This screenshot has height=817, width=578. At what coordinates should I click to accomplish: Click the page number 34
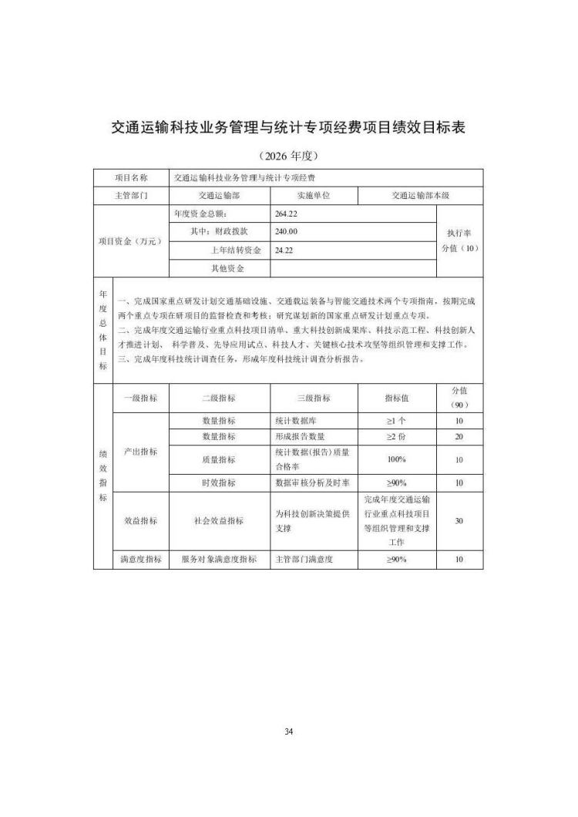click(289, 731)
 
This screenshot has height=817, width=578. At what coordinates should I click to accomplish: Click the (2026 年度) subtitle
click(289, 156)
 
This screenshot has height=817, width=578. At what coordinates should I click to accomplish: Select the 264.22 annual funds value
click(286, 213)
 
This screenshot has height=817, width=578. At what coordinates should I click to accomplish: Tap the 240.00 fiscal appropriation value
click(286, 231)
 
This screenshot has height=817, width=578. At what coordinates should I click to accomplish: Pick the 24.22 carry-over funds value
click(284, 250)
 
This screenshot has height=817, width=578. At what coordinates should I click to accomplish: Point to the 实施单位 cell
click(314, 196)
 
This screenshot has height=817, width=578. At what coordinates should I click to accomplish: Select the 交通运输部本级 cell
click(420, 196)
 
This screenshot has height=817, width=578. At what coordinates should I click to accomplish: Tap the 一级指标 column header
click(140, 398)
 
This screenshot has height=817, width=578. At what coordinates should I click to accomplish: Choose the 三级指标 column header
click(314, 398)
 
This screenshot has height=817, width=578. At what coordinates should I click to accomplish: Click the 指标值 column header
click(397, 398)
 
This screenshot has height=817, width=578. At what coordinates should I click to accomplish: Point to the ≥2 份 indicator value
click(397, 437)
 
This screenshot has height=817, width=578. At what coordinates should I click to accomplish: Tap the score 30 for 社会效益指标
click(459, 521)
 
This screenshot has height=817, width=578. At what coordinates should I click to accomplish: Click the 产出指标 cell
click(140, 452)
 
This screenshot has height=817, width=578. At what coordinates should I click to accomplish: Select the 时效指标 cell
click(219, 483)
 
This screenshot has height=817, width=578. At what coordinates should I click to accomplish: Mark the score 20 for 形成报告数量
click(459, 437)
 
